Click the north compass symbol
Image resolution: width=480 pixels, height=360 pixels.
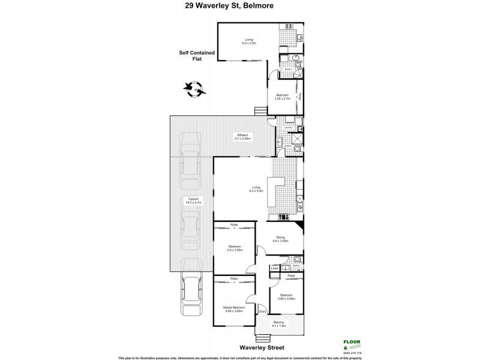click(196, 89)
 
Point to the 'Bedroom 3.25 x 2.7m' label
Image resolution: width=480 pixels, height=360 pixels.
click(283, 97)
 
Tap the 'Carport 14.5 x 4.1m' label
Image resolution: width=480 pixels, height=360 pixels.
click(193, 201)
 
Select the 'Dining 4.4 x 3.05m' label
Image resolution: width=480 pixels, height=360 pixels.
click(280, 239)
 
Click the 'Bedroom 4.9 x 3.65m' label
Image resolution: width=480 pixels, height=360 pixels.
click(235, 249)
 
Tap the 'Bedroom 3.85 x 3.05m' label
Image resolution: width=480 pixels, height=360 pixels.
click(286, 297)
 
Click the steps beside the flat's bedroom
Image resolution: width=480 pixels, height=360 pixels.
click(260, 110)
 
